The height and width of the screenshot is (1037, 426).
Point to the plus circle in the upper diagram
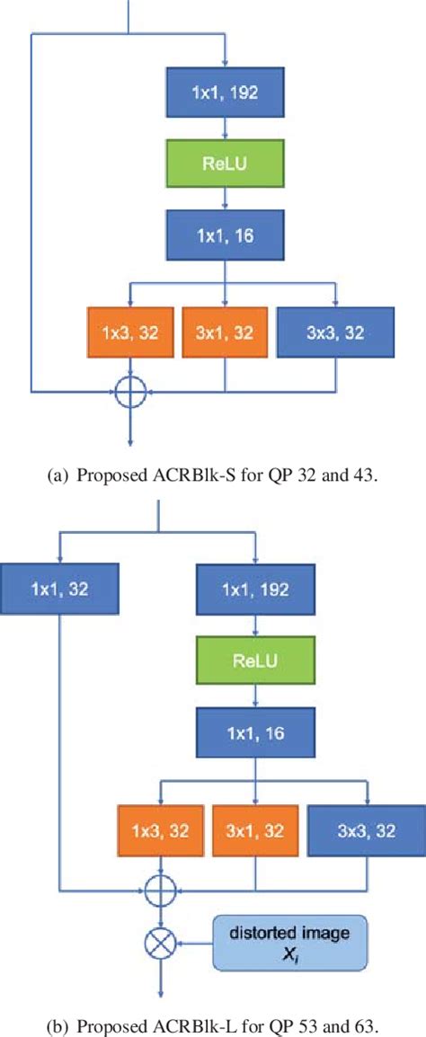132,392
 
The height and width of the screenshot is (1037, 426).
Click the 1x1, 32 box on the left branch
60,589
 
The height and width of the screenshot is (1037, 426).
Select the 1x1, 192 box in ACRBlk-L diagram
256,589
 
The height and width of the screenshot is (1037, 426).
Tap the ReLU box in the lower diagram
256,662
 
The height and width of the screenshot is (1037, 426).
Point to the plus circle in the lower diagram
161,890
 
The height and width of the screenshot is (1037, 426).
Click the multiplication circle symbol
161,943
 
